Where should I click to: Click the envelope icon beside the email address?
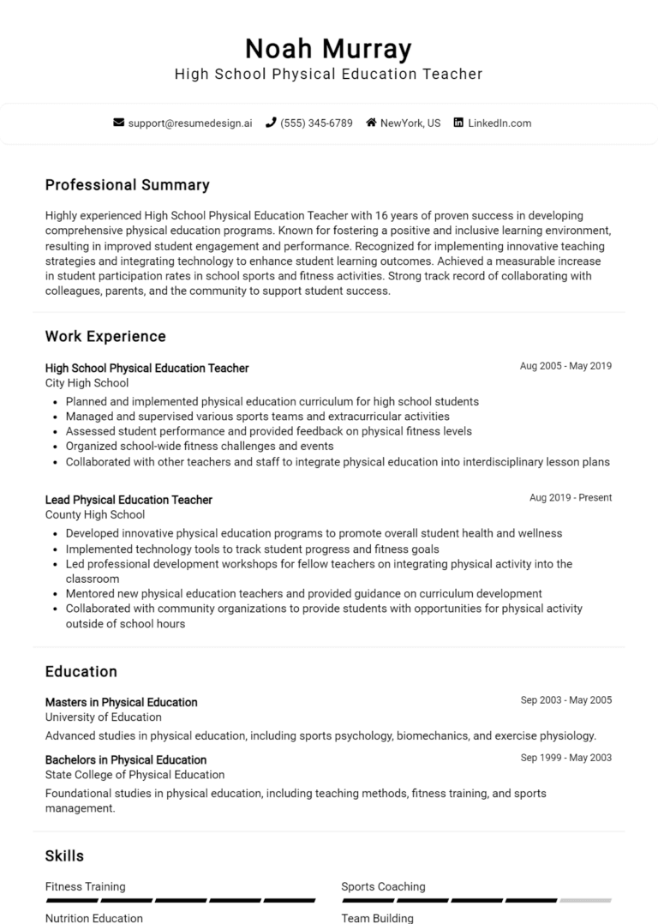coord(119,123)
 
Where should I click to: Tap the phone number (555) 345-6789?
coord(315,123)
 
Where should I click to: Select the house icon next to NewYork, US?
coord(371,123)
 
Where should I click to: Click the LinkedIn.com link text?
coord(499,123)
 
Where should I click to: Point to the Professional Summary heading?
coord(127,185)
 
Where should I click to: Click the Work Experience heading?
coord(105,336)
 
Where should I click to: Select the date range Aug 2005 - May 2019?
coord(565,366)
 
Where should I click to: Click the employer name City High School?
coord(87,383)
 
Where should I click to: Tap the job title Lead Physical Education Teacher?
coord(129,500)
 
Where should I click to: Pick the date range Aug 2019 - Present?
coord(571,498)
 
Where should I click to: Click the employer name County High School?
coord(94,515)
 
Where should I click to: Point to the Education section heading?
coord(81,671)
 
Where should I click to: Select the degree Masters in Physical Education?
coord(121,702)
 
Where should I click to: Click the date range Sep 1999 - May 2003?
coord(566,758)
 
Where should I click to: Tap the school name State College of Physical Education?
coord(135,775)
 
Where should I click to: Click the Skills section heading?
coord(64,855)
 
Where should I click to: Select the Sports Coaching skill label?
coord(383,886)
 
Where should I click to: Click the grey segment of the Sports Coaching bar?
coord(585,901)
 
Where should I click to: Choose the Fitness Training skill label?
coord(85,886)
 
